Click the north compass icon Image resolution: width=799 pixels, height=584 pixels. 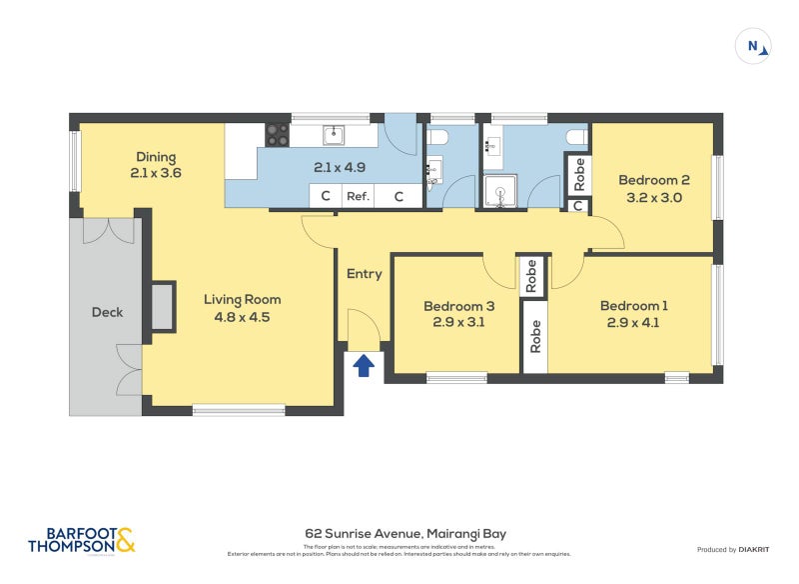(x=754, y=46)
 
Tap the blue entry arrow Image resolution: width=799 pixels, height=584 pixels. (x=365, y=366)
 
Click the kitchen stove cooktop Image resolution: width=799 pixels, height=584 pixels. (x=277, y=134)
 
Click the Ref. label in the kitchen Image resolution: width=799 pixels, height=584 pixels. (x=358, y=196)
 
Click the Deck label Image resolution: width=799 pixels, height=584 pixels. (x=107, y=312)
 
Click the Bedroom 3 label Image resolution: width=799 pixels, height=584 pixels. (x=458, y=306)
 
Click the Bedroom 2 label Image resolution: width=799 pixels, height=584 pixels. (x=654, y=180)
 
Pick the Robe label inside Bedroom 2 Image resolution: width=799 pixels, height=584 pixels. (x=577, y=174)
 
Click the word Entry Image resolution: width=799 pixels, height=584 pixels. (x=364, y=274)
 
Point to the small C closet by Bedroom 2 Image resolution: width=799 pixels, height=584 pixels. (x=577, y=206)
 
